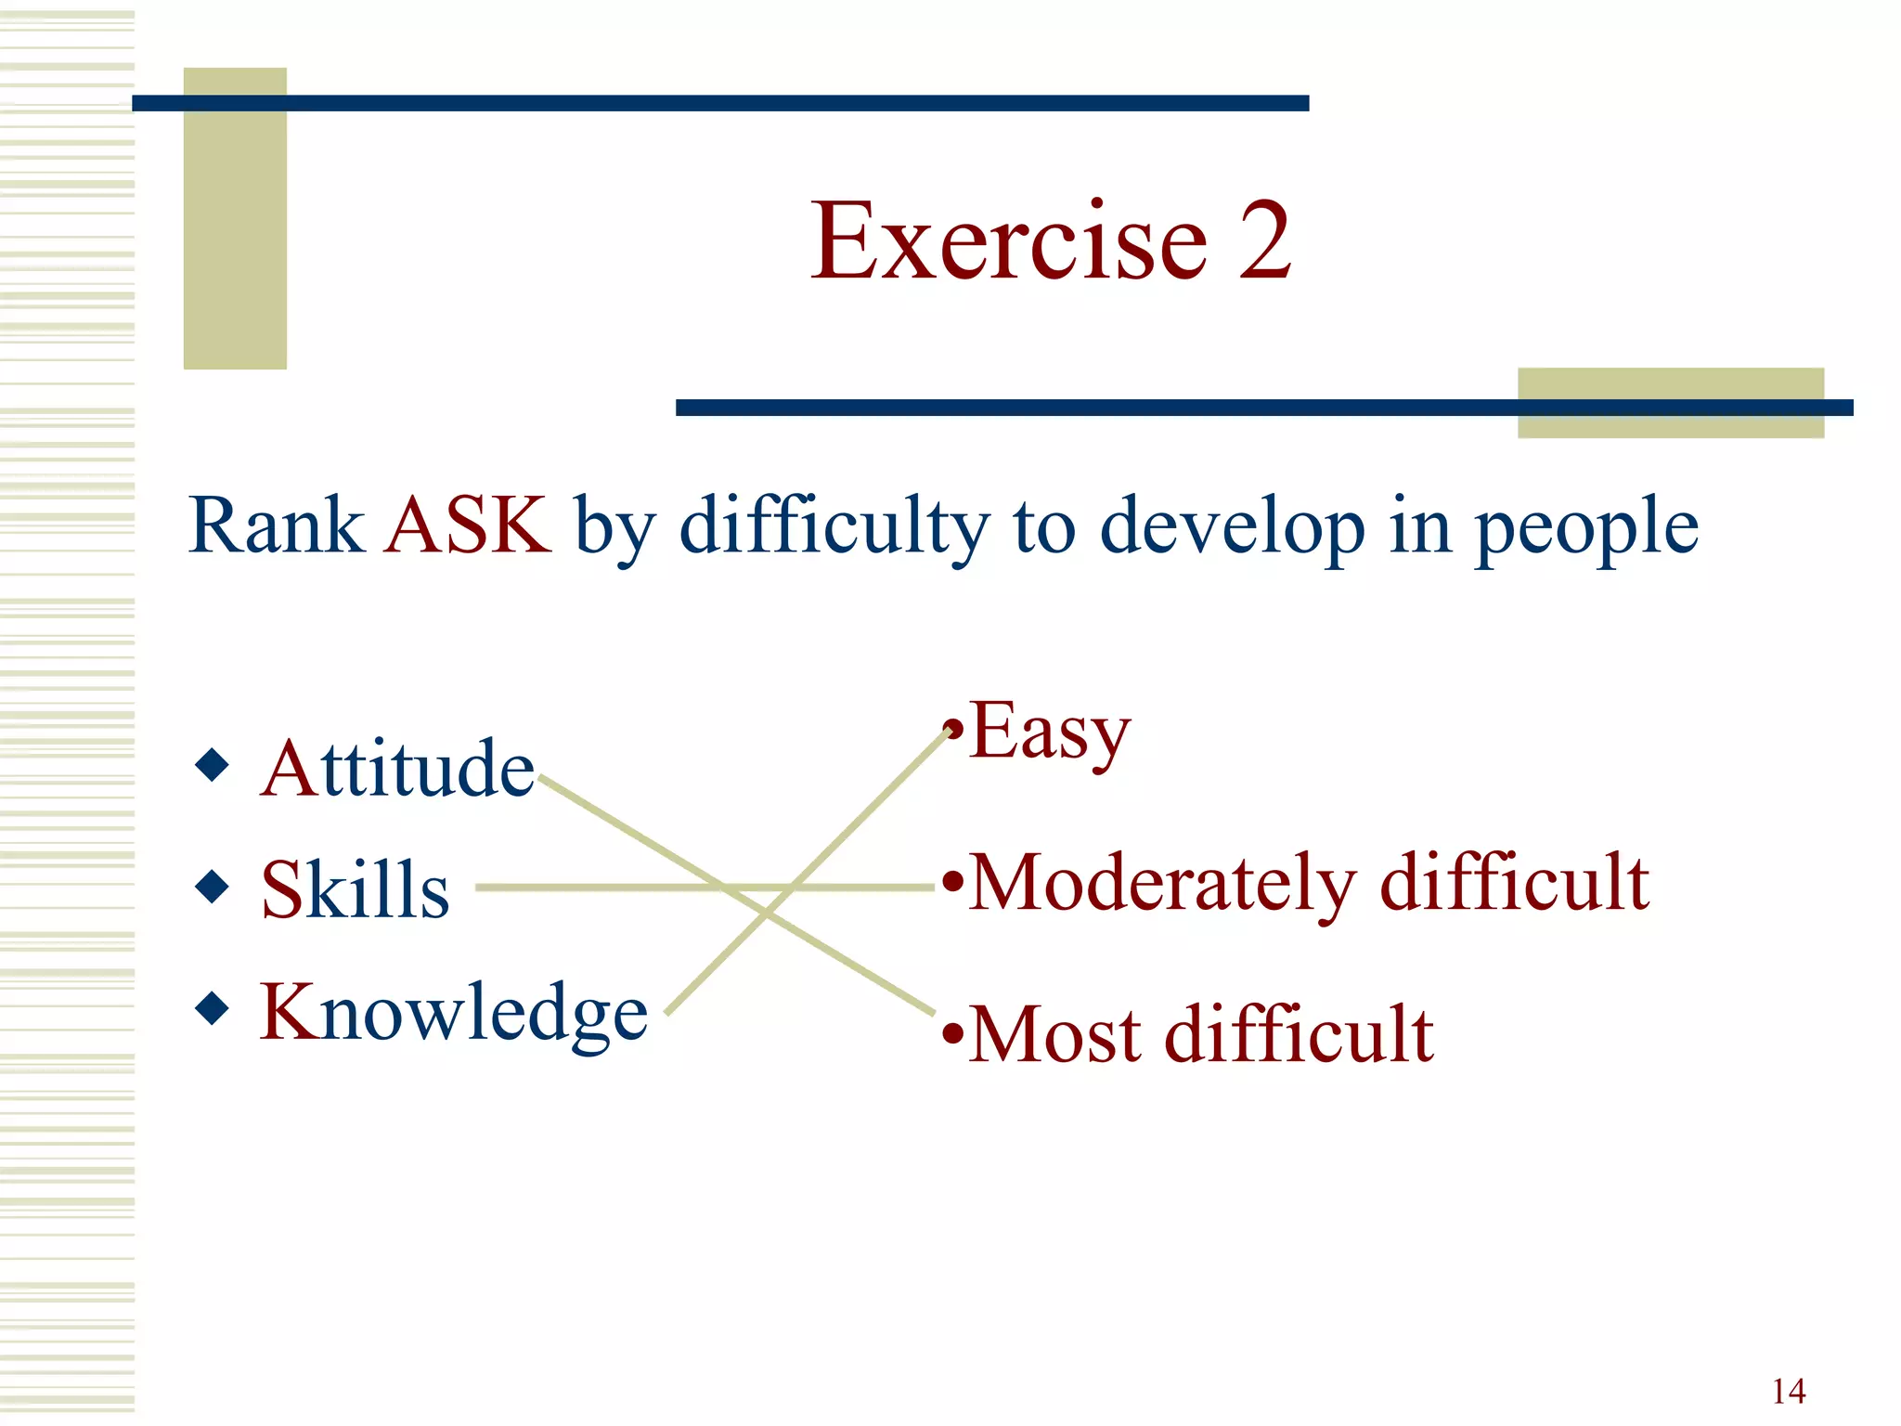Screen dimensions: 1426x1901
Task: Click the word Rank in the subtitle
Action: click(x=276, y=525)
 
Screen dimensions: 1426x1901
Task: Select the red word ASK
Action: click(x=468, y=525)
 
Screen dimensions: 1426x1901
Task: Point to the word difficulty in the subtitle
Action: click(x=834, y=527)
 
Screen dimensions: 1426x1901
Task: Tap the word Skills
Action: click(x=355, y=890)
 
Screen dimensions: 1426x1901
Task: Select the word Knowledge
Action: click(x=453, y=1013)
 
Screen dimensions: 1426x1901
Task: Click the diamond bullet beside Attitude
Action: click(x=213, y=766)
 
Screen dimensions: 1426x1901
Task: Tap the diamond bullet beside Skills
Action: click(x=213, y=887)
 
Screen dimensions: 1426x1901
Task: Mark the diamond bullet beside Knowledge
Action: click(x=213, y=1008)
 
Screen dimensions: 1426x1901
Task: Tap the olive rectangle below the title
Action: click(x=1670, y=423)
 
